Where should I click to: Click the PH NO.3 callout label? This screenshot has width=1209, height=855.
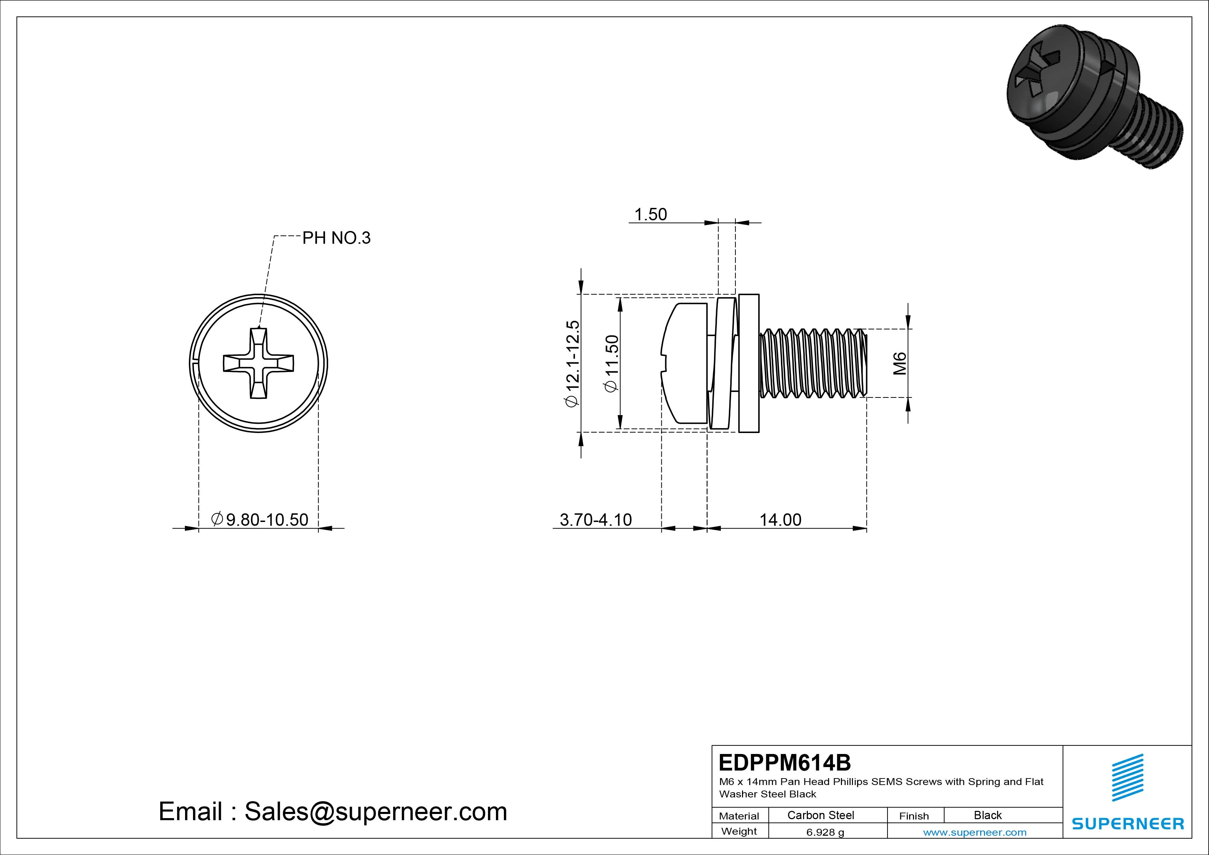(x=336, y=238)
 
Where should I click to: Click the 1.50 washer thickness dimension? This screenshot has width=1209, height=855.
(x=650, y=214)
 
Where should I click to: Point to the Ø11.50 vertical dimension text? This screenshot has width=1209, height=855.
(x=611, y=363)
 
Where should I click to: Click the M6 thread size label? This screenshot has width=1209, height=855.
(x=900, y=363)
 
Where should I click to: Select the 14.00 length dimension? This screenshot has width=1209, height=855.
(x=780, y=520)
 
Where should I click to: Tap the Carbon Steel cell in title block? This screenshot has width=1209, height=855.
(x=820, y=815)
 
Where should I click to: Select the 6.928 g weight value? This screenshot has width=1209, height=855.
(x=825, y=832)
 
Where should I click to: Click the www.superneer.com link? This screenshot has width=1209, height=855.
(x=975, y=832)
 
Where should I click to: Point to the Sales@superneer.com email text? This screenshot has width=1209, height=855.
(x=375, y=811)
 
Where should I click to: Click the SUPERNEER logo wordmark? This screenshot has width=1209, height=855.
(x=1128, y=823)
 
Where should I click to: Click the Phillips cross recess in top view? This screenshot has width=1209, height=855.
(x=258, y=363)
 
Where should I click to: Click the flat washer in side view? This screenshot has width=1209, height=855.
(x=749, y=363)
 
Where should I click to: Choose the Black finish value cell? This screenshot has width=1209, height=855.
(x=987, y=815)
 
